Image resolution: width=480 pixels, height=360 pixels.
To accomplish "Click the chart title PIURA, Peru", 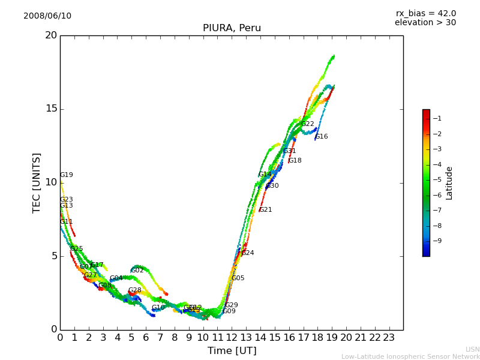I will [x=232, y=28].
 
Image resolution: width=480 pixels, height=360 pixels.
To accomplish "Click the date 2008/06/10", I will [x=47, y=16].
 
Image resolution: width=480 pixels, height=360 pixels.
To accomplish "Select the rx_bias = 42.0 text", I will [x=425, y=14].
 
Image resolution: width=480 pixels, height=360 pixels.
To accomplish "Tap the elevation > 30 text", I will [x=425, y=23].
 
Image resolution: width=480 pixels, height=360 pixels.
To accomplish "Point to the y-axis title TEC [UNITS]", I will [x=37, y=182].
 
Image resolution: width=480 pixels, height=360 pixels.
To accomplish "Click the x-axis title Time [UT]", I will [x=232, y=351].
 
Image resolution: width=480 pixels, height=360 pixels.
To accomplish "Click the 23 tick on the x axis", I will [x=389, y=338].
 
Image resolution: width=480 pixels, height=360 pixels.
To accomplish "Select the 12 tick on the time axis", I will [x=232, y=338].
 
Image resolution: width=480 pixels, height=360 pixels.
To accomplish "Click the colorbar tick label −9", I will [x=437, y=241].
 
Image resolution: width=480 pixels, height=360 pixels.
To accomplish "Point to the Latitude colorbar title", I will [x=449, y=183].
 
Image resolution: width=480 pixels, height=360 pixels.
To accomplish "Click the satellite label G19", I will [x=66, y=175].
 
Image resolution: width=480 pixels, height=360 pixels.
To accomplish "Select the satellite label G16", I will [x=322, y=137].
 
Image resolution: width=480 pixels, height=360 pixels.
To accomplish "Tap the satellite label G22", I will [x=308, y=124].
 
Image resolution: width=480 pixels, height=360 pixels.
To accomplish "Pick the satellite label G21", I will [x=265, y=210].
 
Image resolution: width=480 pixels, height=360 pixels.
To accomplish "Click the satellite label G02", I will [x=137, y=271].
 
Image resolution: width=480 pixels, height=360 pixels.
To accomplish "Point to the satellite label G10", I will [x=158, y=308].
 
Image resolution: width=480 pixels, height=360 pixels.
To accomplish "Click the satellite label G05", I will [x=238, y=278].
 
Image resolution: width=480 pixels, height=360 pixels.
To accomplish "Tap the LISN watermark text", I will [x=472, y=349].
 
